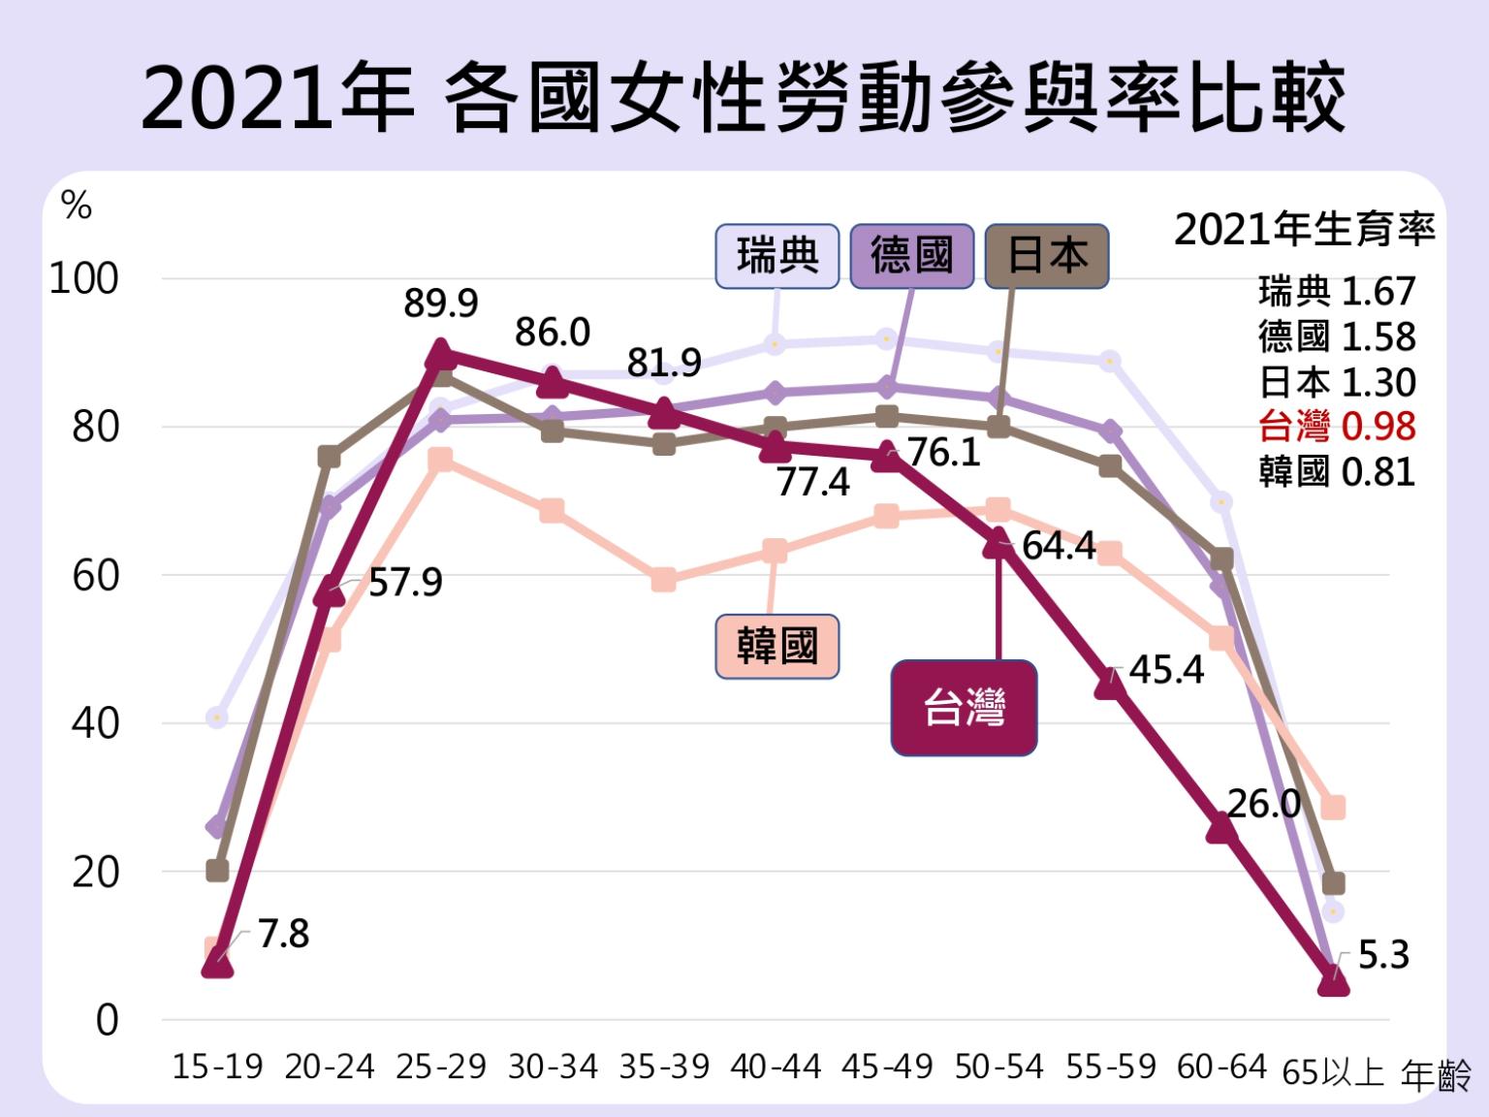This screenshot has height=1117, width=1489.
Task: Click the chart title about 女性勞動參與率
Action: [744, 98]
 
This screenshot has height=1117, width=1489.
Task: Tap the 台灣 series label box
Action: [964, 708]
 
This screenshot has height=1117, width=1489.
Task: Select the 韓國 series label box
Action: [776, 646]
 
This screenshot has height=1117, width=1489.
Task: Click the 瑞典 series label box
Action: [776, 257]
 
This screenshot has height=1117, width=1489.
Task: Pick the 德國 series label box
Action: [911, 257]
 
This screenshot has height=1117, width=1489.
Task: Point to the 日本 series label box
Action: [1047, 257]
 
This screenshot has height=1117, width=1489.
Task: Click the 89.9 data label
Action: [441, 304]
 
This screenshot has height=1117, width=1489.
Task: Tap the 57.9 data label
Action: [405, 583]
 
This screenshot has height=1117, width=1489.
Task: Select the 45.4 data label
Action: [1166, 670]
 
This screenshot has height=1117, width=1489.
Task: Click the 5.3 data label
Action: [1383, 956]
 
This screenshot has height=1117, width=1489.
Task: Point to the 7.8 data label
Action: [283, 935]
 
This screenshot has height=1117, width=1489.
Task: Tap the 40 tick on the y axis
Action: [94, 723]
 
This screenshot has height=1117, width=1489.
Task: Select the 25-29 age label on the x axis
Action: [441, 1068]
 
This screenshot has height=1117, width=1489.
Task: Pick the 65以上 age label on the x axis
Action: [1333, 1072]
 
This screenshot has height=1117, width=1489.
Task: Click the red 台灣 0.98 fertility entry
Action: [1337, 427]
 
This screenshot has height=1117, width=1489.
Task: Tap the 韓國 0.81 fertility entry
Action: [1337, 472]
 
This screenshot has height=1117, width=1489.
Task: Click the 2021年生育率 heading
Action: [1304, 231]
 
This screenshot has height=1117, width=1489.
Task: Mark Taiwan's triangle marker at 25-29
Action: [441, 353]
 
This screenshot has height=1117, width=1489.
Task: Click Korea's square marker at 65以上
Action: [1333, 807]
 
